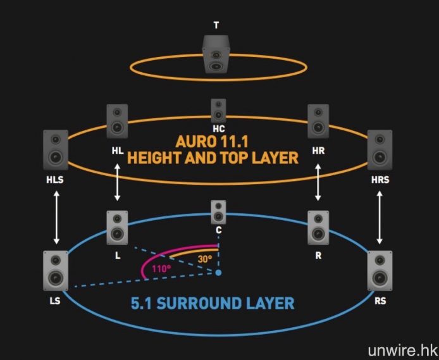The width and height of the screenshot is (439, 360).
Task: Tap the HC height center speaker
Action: (218, 110)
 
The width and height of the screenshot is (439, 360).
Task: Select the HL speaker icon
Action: (117, 121)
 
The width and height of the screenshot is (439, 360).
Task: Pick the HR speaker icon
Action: (318, 121)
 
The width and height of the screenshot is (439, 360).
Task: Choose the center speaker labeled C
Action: (218, 213)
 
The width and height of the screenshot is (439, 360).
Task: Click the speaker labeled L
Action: (117, 227)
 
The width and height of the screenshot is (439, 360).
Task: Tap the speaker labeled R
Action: (318, 227)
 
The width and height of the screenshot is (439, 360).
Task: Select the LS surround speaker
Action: (56, 270)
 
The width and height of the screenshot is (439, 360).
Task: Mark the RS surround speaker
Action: (380, 270)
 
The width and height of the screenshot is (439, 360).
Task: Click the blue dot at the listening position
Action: (218, 273)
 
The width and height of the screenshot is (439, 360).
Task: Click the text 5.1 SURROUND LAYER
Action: (213, 303)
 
